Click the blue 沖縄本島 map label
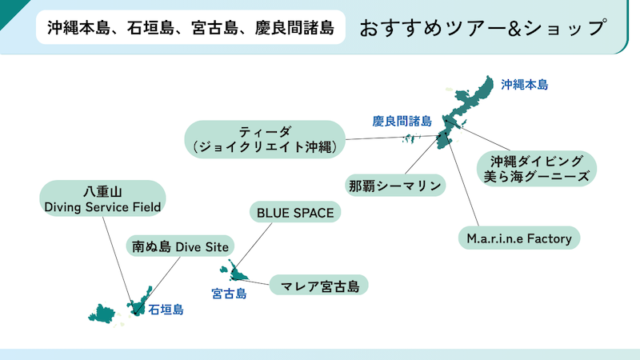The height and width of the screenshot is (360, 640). pos(525,85)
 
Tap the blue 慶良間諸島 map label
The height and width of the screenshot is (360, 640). pos(402,122)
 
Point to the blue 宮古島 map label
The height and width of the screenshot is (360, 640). pos(229,294)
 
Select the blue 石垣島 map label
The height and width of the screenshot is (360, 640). pos(166,310)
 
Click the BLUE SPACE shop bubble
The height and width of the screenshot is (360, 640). pos(295,212)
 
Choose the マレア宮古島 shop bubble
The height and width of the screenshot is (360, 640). pos(318,286)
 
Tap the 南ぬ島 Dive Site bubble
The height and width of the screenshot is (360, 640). pos(180,246)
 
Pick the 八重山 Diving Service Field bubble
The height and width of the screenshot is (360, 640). pos(102,198)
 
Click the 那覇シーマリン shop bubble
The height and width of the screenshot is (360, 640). pos(395,186)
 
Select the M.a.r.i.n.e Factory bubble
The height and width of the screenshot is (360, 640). pos(518,238)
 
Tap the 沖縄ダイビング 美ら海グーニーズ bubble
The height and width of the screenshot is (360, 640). pos(536,169)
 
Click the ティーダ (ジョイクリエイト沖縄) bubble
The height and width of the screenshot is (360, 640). pos(265,139)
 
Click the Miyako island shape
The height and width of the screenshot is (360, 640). pos(236,273)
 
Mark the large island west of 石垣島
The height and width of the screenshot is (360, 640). pos(101,314)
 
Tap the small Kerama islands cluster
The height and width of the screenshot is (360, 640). pos(411,138)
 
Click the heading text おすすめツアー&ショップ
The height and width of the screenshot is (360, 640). pos(483,28)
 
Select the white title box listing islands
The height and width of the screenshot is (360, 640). pos(190,27)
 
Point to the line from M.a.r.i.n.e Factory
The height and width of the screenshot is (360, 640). pos(463,183)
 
